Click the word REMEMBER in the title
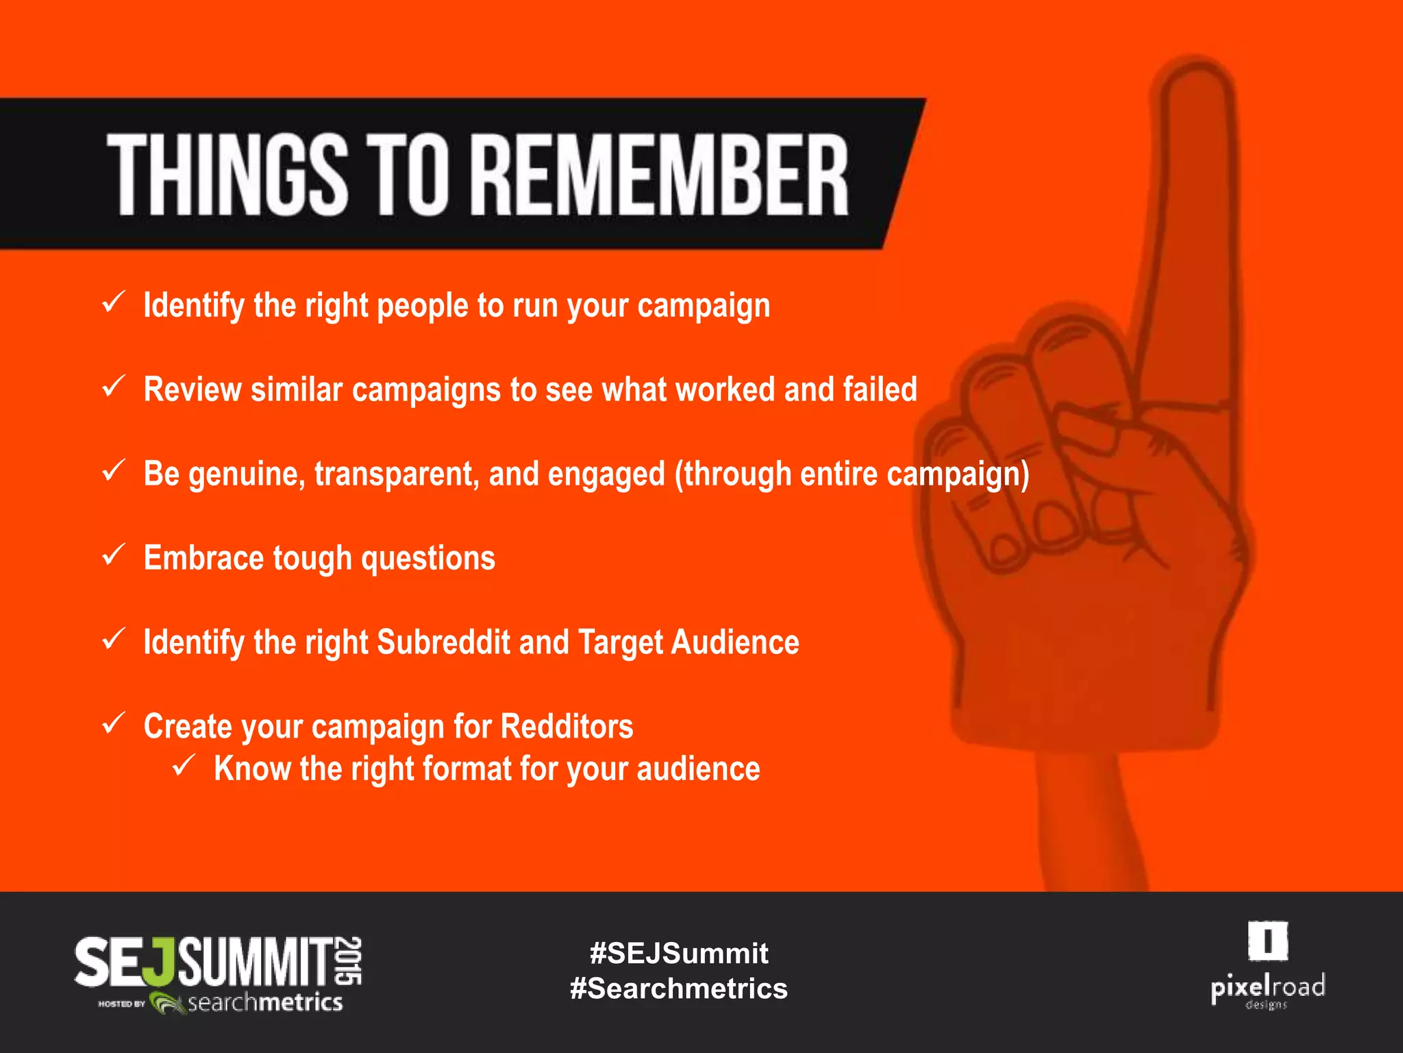pyautogui.click(x=661, y=175)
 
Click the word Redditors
pyautogui.click(x=567, y=727)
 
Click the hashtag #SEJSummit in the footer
pyautogui.click(x=679, y=954)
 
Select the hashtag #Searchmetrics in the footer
pyautogui.click(x=679, y=989)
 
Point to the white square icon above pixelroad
pyautogui.click(x=1267, y=941)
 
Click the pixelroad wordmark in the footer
pyautogui.click(x=1267, y=988)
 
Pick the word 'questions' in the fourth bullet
pyautogui.click(x=428, y=558)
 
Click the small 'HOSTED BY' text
pyautogui.click(x=121, y=1004)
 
